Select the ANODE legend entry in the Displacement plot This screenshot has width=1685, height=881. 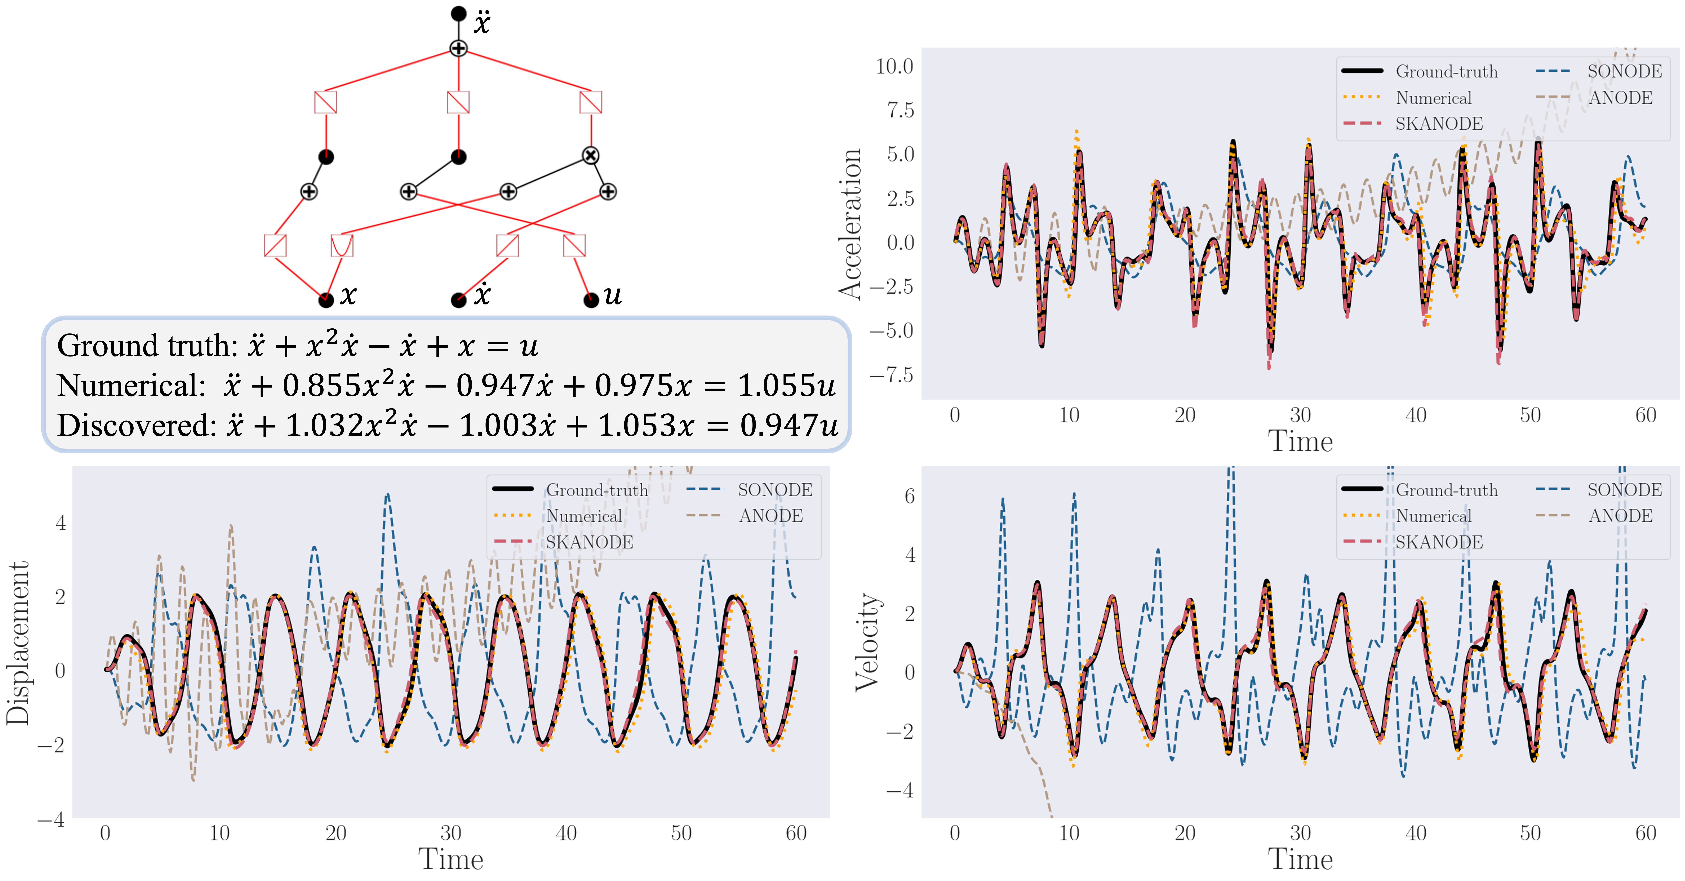(x=770, y=516)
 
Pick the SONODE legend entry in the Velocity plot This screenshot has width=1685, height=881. (x=1624, y=490)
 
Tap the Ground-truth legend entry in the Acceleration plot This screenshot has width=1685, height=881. (x=1446, y=71)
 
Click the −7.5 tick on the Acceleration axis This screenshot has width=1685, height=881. (x=891, y=375)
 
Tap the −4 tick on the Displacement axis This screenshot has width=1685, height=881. (x=51, y=819)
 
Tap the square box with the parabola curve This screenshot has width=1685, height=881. (x=341, y=245)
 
